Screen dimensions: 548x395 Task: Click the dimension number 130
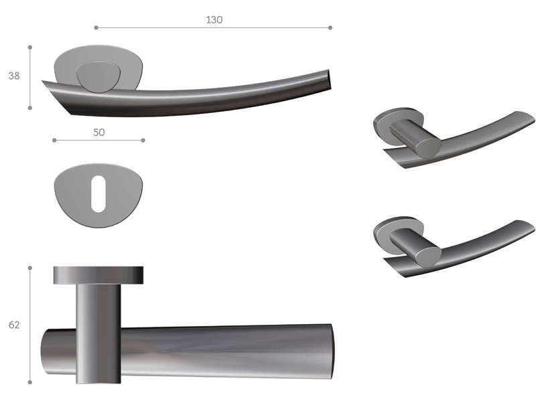(x=214, y=19)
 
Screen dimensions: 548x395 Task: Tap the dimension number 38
(x=14, y=76)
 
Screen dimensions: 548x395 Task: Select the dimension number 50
(x=99, y=133)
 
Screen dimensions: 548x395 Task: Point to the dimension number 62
(x=14, y=325)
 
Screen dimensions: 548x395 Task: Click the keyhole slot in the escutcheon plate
(x=98, y=193)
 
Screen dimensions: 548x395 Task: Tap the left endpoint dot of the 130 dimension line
(x=96, y=27)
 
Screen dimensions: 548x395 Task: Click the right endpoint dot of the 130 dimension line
(x=330, y=27)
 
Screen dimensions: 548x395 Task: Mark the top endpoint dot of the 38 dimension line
(x=30, y=47)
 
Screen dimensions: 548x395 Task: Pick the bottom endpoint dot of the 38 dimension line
(x=30, y=108)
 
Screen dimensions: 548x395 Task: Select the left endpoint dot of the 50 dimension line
(x=54, y=141)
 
